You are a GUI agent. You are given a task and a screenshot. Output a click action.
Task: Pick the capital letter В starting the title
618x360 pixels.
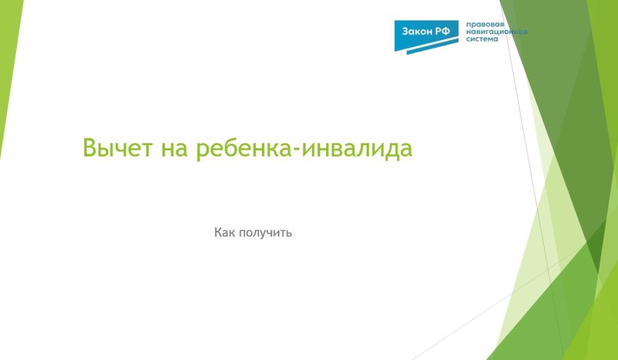[x=91, y=148]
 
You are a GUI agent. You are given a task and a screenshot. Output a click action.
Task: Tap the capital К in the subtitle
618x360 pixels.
[x=218, y=232]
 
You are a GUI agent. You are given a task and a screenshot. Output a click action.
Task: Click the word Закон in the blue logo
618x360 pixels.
[x=418, y=30]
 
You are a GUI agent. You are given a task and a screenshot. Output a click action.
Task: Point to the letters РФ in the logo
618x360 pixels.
[x=446, y=30]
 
